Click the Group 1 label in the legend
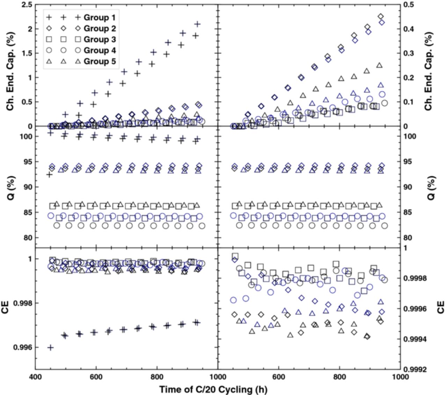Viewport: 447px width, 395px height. coord(100,17)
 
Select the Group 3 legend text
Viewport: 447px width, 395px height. coord(100,39)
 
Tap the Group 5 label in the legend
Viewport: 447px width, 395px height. coord(100,61)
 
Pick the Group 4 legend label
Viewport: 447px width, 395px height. coord(100,50)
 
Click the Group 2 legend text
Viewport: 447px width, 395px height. coord(100,28)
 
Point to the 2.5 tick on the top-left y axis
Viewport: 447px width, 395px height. coord(27,5)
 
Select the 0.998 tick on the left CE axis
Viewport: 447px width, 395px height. coord(23,303)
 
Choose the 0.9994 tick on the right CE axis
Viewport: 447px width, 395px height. coord(415,339)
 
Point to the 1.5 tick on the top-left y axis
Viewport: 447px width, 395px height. coord(27,53)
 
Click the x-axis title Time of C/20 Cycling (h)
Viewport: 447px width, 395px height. coord(213,389)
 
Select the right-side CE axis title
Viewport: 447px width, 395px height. coord(440,308)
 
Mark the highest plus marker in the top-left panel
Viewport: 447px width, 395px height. coord(198,24)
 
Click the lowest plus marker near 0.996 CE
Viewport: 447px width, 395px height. coord(51,347)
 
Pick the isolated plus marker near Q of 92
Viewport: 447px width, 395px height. coord(50,174)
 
